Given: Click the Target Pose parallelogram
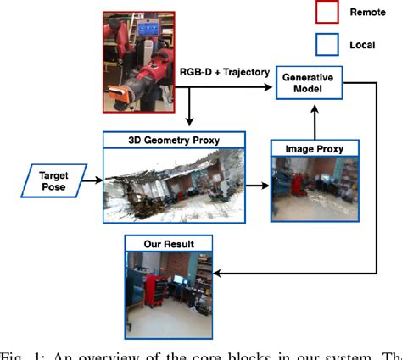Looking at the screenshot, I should pyautogui.click(x=54, y=180).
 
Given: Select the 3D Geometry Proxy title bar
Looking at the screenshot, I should pyautogui.click(x=173, y=138).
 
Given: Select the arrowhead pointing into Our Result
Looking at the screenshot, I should pyautogui.click(x=217, y=274).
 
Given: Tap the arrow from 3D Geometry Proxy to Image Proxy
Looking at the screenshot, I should pyautogui.click(x=258, y=180).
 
